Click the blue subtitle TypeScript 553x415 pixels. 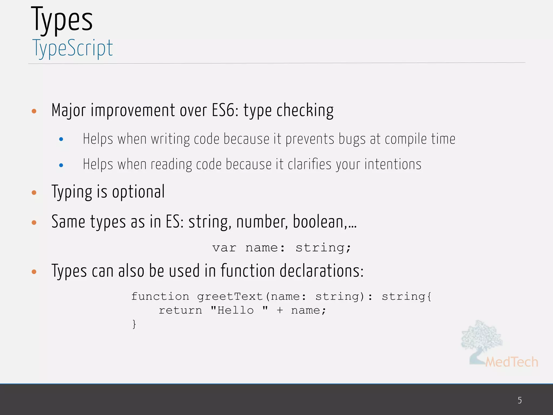72,48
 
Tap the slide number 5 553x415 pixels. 520,400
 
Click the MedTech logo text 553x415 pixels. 511,362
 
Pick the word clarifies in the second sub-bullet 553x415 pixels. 309,164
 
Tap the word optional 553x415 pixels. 138,192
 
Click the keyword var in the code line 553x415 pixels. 224,248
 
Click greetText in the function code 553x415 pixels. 230,297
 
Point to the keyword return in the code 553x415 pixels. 180,310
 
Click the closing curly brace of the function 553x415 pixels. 134,324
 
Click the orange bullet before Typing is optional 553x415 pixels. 34,193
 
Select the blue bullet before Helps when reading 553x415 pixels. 61,165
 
